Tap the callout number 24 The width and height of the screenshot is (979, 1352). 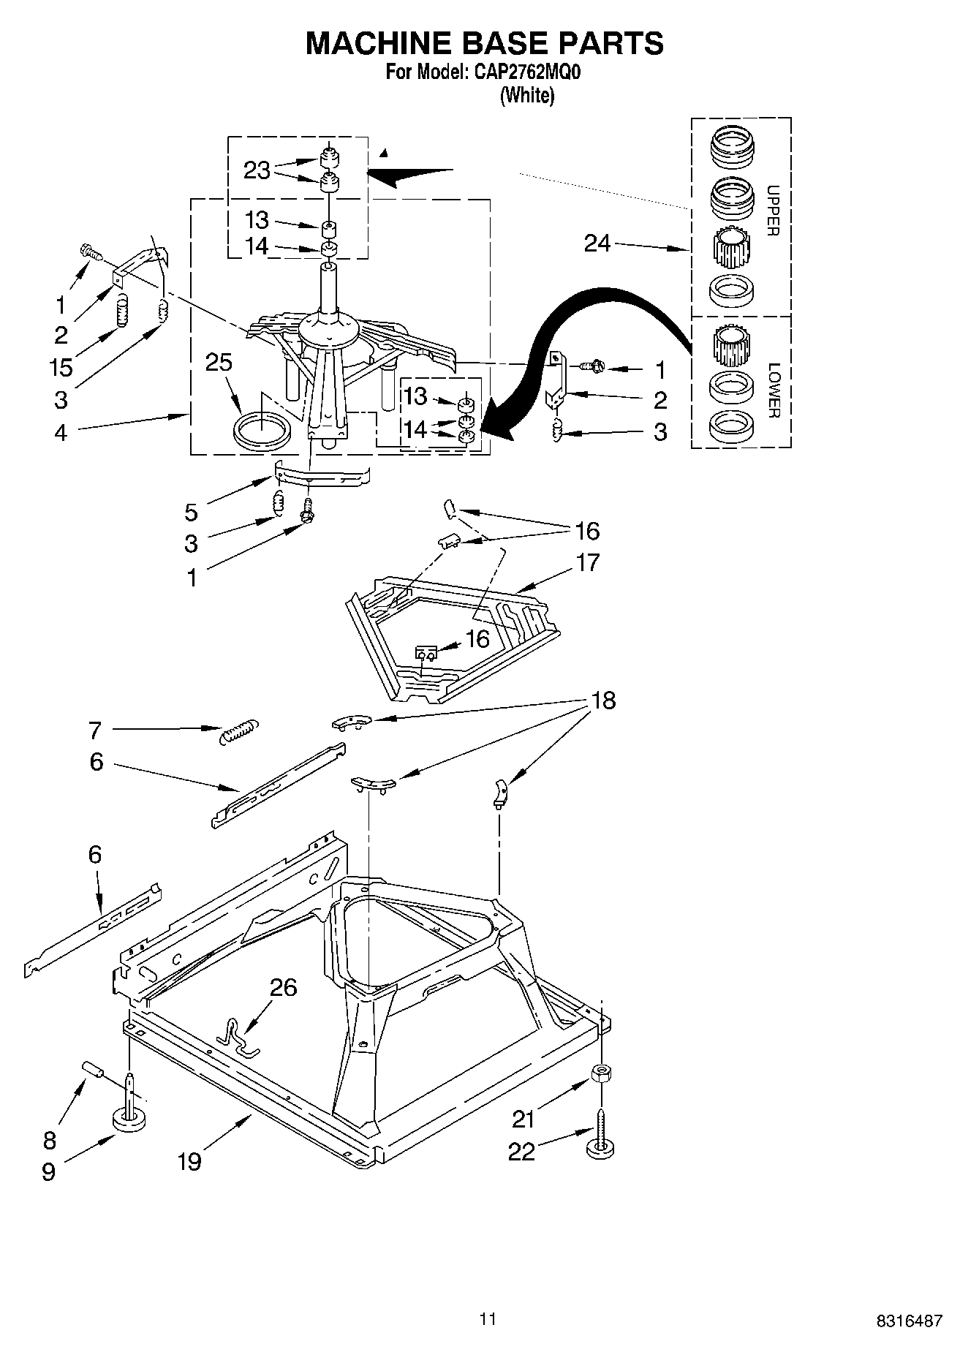pyautogui.click(x=597, y=243)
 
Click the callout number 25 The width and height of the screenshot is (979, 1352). pyautogui.click(x=219, y=363)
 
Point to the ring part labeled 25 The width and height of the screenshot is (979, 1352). pyautogui.click(x=262, y=428)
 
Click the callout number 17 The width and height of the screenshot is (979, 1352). pyautogui.click(x=587, y=562)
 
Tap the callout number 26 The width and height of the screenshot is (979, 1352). pyautogui.click(x=284, y=987)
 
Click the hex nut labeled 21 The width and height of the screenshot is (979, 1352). pyautogui.click(x=601, y=1073)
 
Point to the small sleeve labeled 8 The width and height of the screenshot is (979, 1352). pyautogui.click(x=93, y=1069)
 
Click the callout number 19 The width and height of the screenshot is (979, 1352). pyautogui.click(x=189, y=1160)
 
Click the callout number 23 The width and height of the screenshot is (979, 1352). pyautogui.click(x=257, y=170)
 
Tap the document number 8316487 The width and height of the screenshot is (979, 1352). pyautogui.click(x=909, y=1321)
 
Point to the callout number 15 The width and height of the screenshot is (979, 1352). pyautogui.click(x=61, y=367)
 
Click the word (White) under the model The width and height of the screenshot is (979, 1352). pyautogui.click(x=526, y=96)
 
